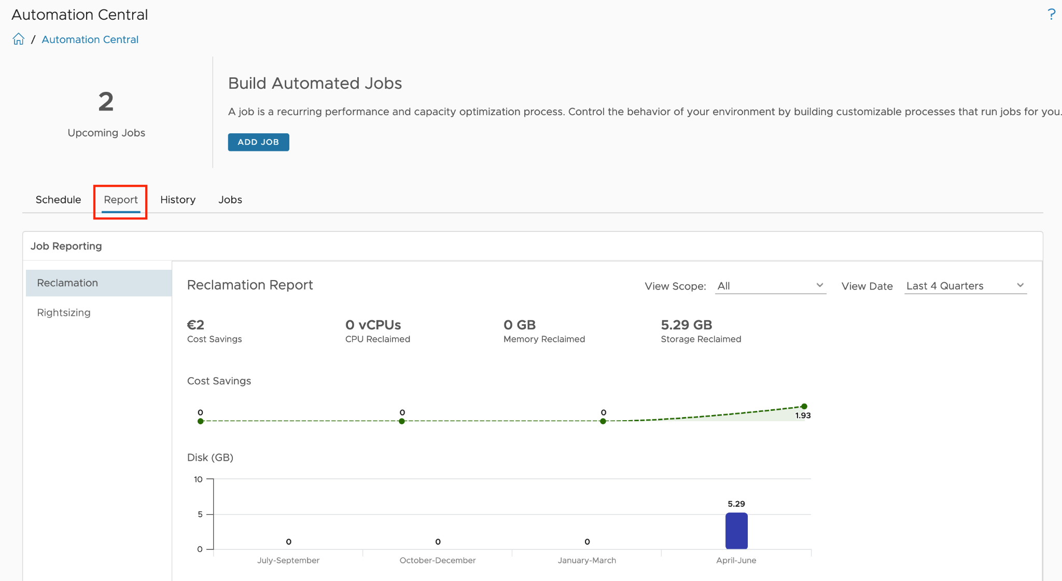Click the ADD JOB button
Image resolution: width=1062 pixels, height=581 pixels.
click(258, 142)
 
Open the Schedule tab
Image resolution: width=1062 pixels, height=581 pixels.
click(58, 200)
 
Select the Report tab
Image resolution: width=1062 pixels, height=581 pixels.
click(121, 200)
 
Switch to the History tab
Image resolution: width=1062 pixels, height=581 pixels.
click(178, 200)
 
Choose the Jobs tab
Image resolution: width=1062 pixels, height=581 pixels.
click(230, 200)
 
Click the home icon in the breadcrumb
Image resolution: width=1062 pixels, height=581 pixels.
click(19, 39)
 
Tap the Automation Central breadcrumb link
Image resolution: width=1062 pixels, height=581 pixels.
click(90, 39)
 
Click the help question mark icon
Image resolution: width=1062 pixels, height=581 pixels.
click(1051, 15)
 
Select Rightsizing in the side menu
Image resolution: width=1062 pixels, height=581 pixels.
click(64, 313)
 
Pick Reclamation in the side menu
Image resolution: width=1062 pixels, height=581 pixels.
click(67, 283)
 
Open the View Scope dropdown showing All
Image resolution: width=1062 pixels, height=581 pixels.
click(771, 286)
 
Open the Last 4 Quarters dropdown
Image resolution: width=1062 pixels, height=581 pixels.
click(966, 286)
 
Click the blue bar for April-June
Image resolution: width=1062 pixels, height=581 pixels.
click(736, 531)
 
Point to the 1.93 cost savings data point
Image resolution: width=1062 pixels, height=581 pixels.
click(804, 407)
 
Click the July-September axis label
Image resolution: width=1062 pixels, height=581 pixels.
click(288, 560)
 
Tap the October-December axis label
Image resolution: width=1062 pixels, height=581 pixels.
click(438, 560)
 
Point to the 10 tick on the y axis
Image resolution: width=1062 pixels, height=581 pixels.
click(198, 479)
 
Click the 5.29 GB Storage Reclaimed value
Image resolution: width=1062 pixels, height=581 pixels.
click(687, 325)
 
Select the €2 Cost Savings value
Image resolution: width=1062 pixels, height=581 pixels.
click(195, 325)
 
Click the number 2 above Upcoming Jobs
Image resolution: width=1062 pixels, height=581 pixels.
click(106, 102)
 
